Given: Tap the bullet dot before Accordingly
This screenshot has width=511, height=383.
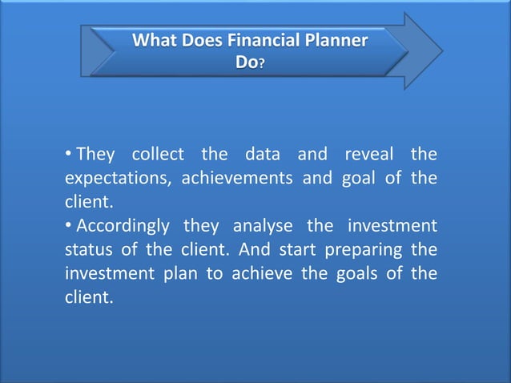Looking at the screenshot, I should click(69, 226).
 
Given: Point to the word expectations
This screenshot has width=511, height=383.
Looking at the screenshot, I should click(115, 178).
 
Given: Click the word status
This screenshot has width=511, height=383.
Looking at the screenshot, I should click(86, 250).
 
